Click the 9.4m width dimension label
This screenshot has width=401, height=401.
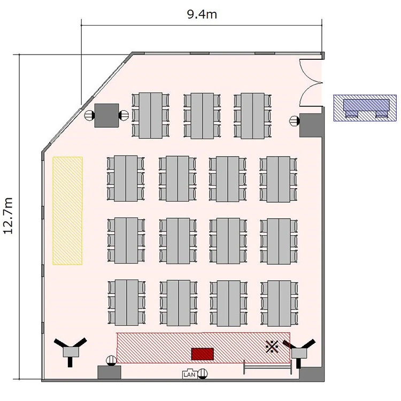coord(202,14)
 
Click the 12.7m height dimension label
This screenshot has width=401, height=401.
coord(8,216)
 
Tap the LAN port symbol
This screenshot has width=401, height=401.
coord(189,374)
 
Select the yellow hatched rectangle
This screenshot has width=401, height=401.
coord(67,211)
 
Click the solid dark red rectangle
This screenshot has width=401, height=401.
coord(203,354)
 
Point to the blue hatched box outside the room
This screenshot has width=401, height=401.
coord(365,107)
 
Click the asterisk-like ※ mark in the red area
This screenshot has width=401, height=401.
coord(272,347)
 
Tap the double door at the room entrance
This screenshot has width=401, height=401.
coord(311,83)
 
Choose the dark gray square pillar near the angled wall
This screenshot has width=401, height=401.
coord(106,115)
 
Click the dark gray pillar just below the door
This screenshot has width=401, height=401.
coord(311,125)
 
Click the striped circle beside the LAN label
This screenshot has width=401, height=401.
coord(203,374)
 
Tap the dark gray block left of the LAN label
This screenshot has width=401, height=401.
coord(109,372)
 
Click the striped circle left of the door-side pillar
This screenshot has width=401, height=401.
coord(295,121)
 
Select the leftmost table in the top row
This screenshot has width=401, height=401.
coord(151,115)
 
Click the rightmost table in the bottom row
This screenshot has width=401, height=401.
coord(279,303)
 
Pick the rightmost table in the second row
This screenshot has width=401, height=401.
coord(278,179)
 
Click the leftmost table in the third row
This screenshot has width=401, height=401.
coord(126,241)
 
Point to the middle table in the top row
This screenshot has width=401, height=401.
coord(202,116)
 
